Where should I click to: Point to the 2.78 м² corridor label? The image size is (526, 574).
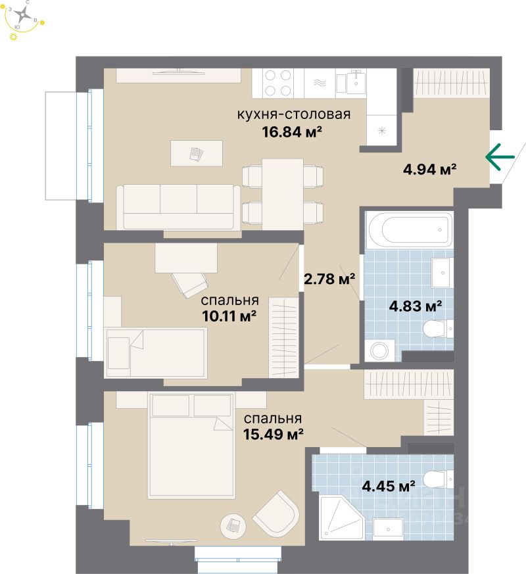point(329,279)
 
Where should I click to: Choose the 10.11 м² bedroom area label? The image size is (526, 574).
point(229,316)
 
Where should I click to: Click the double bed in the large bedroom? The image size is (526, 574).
point(191,441)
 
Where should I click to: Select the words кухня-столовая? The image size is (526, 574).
point(293,114)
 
